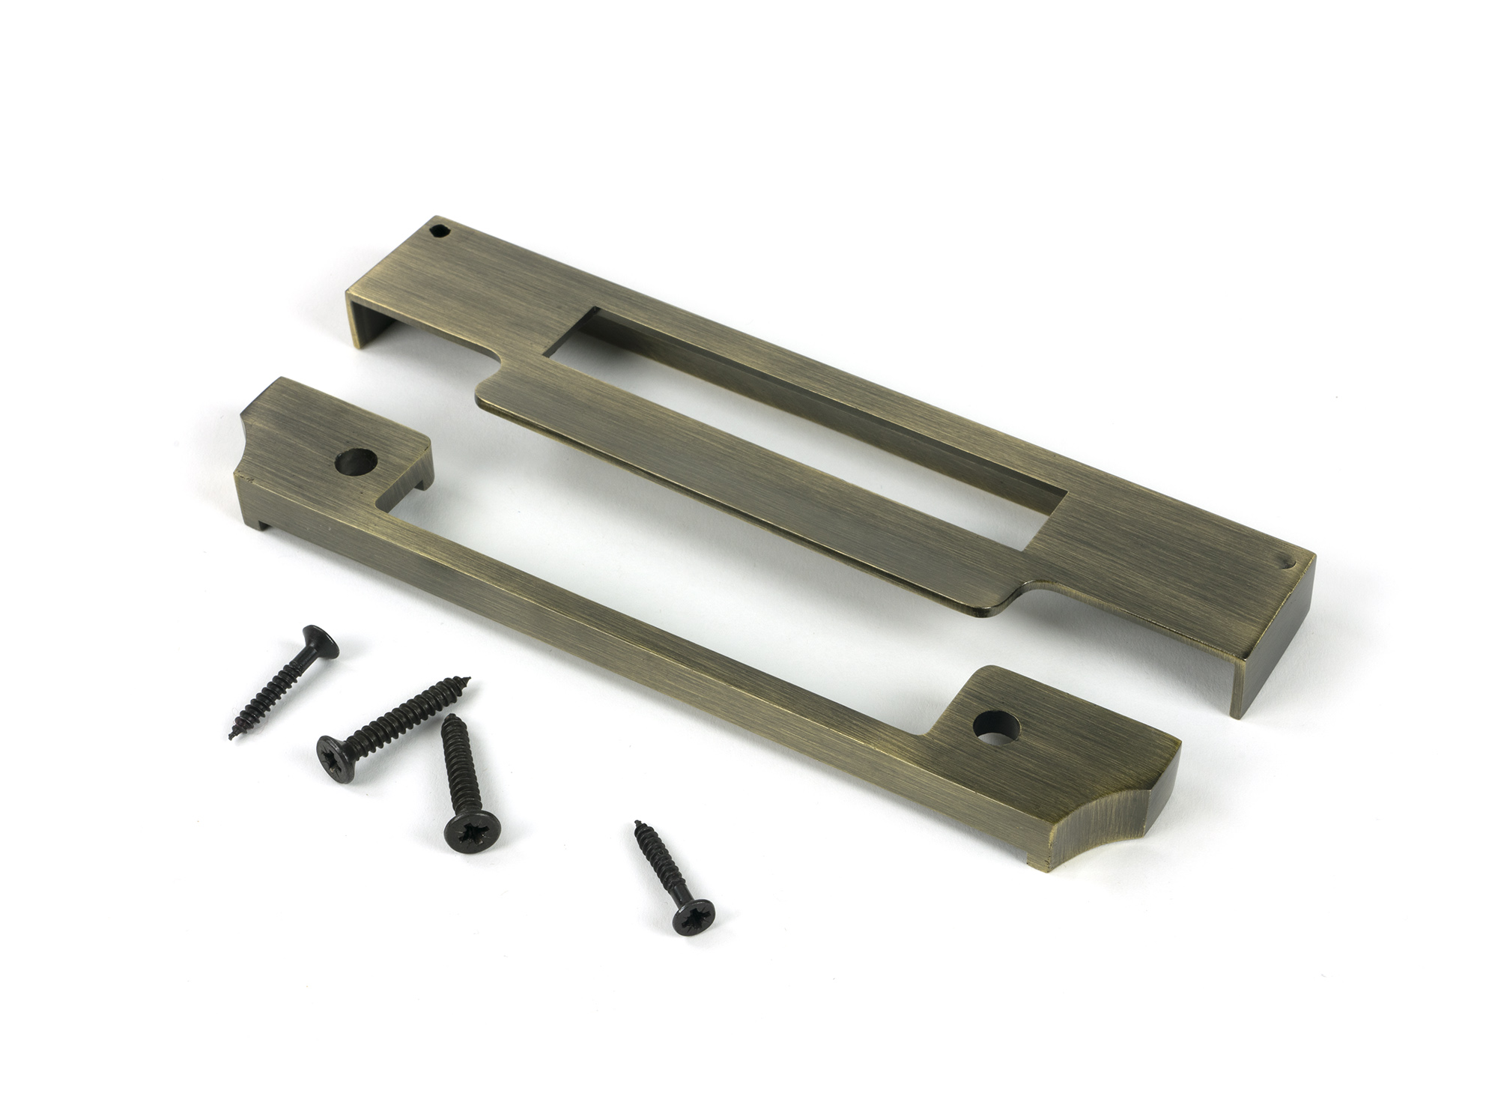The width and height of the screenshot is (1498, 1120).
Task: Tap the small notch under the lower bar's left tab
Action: click(419, 479)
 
